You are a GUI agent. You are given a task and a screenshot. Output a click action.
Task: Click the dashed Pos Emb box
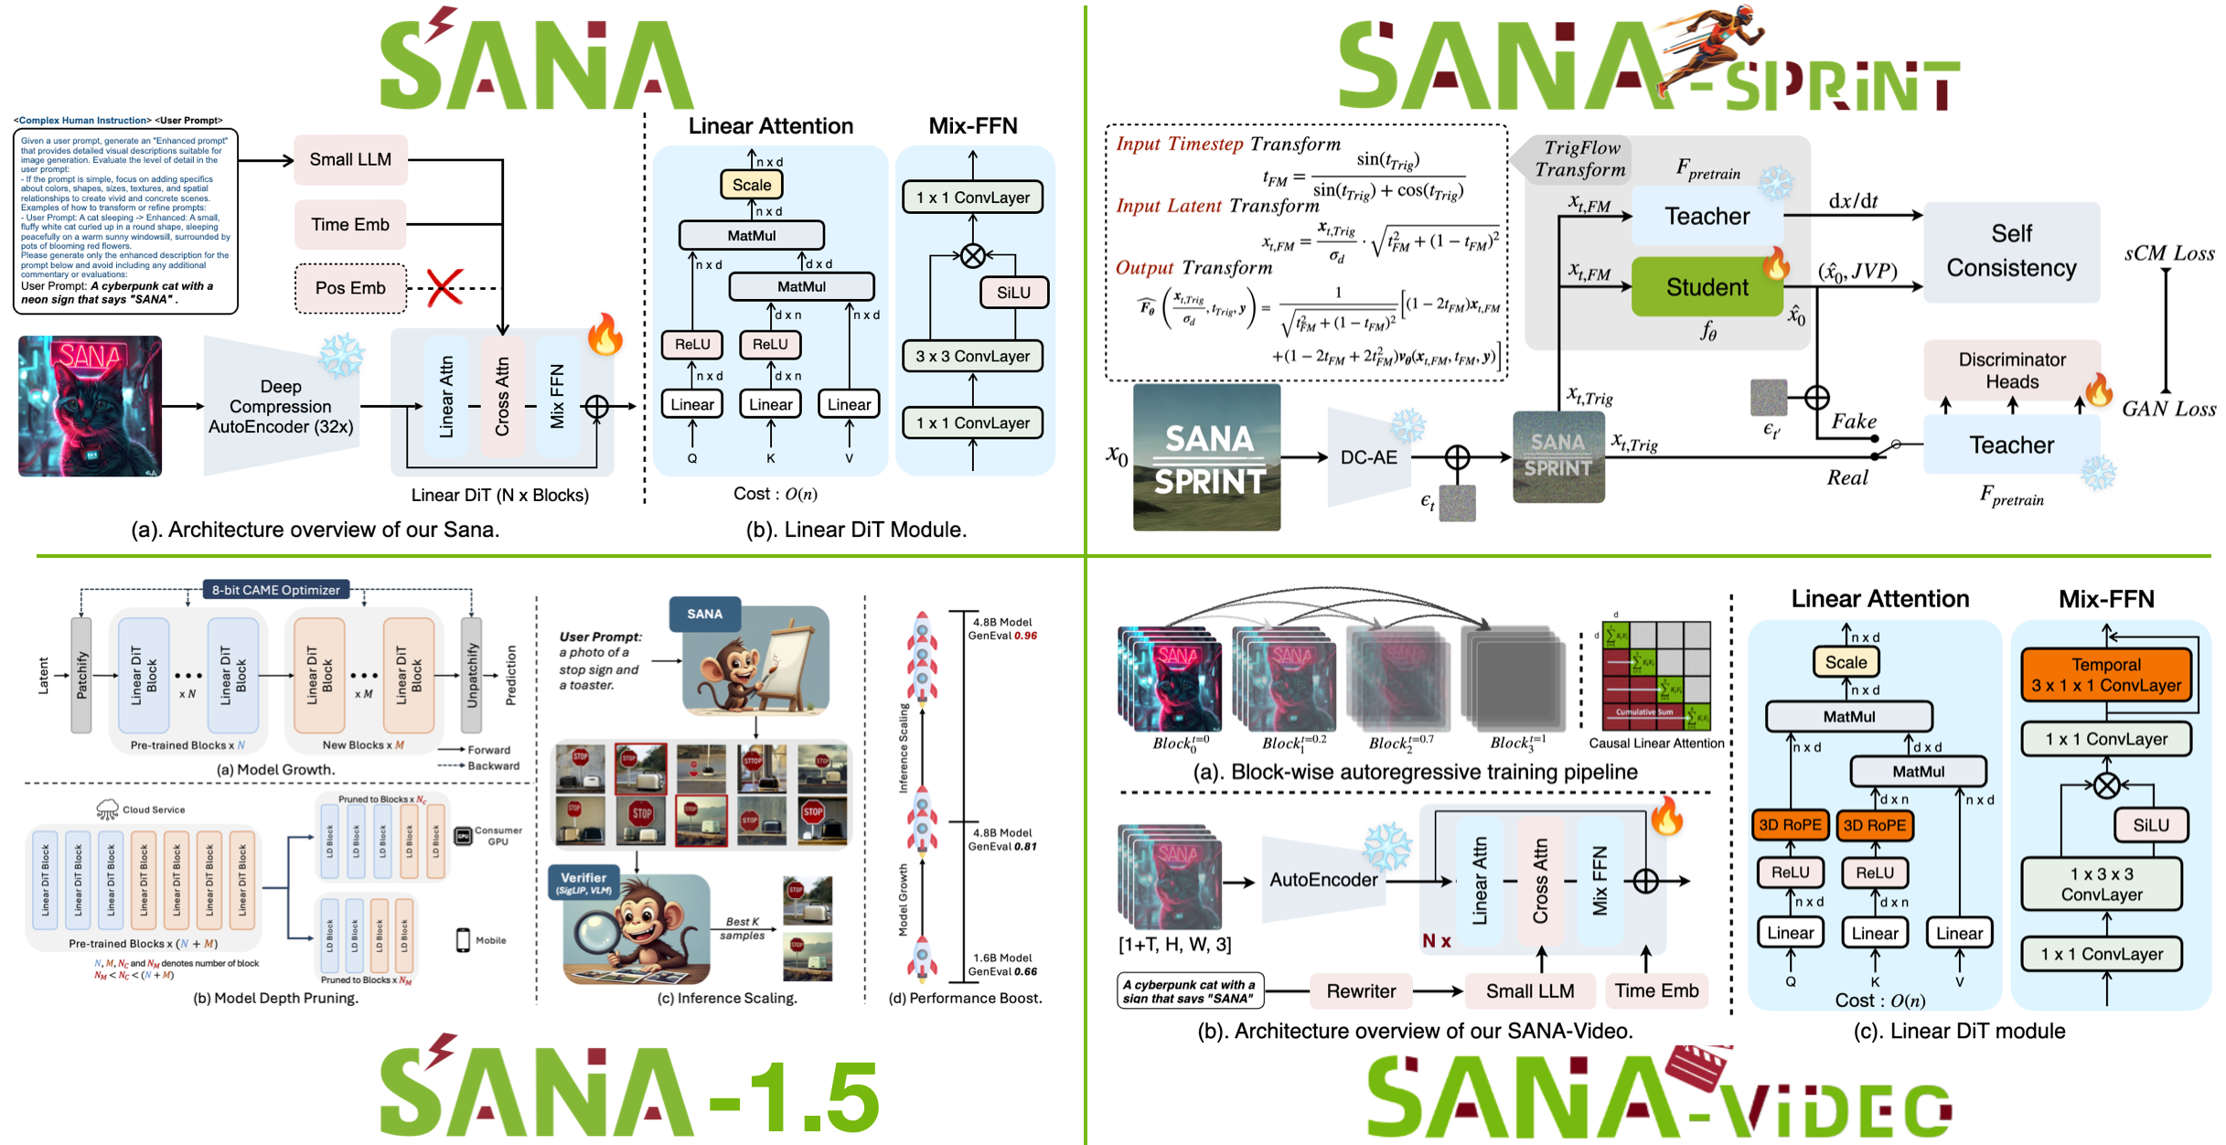350,288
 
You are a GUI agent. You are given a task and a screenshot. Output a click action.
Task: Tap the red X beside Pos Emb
444,287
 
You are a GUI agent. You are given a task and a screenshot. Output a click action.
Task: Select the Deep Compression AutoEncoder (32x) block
281,407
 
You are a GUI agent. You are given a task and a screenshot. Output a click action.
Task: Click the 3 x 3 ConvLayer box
972,357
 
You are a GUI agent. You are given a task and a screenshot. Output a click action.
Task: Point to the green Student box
1707,287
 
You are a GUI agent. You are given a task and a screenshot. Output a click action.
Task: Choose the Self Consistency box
2011,251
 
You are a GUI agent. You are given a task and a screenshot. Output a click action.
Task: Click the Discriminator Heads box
2011,370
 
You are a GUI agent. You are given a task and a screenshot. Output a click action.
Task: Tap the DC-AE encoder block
1368,457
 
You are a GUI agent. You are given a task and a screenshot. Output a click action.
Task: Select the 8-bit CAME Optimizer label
275,590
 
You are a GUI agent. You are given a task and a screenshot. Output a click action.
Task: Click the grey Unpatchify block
472,675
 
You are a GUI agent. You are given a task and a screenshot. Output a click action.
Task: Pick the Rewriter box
1361,991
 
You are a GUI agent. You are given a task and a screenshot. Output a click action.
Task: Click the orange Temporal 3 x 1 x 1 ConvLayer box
2105,676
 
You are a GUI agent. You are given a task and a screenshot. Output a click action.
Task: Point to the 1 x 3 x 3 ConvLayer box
2101,884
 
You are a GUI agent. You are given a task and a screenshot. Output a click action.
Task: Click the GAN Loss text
2168,409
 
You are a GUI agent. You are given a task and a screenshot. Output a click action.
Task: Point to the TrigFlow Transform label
1580,159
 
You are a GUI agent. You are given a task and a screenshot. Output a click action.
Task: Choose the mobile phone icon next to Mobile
463,940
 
